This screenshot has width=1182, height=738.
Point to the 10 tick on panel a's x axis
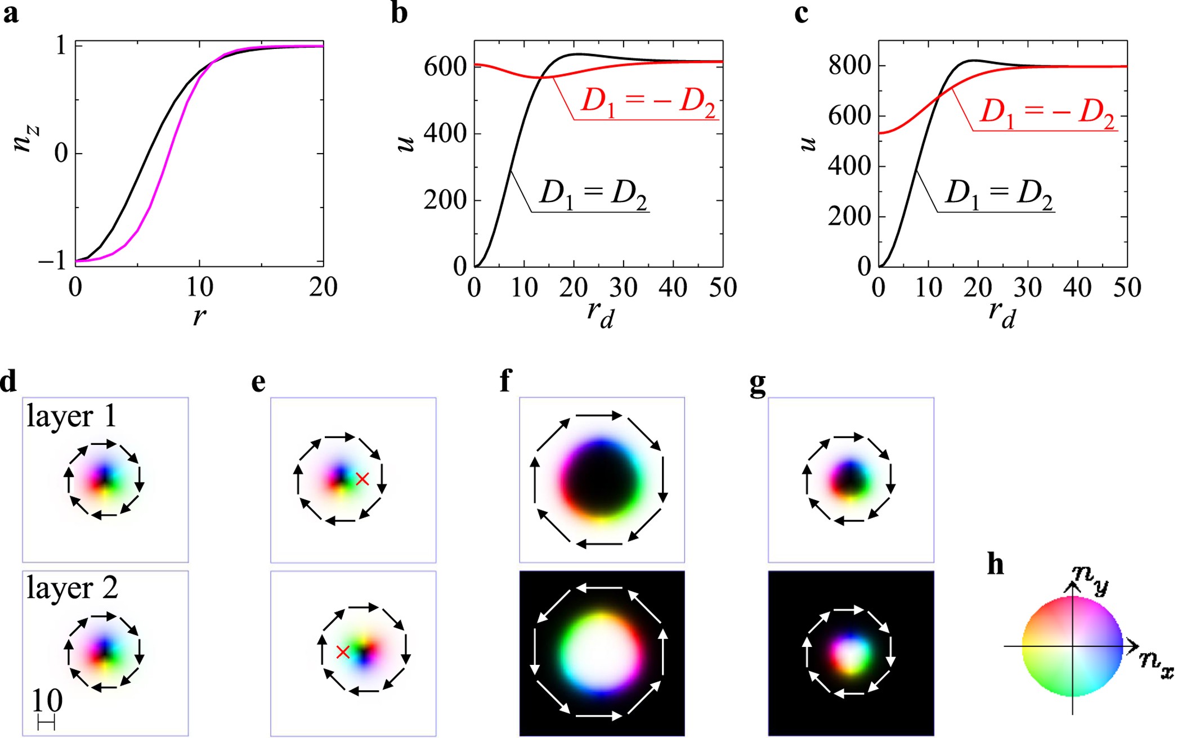[x=199, y=288]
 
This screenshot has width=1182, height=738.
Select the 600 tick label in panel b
[x=445, y=67]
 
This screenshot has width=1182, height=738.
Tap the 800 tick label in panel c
[x=849, y=66]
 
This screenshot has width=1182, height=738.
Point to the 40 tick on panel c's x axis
[x=1077, y=288]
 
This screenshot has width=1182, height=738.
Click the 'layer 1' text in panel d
[x=71, y=417]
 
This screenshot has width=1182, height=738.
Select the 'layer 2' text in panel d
[x=72, y=588]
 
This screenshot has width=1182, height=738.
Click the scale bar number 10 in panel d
[x=47, y=701]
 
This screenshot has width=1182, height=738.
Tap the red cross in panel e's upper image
[x=362, y=479]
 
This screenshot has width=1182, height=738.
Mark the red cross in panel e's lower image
[x=343, y=652]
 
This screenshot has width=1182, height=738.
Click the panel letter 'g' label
[x=758, y=383]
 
